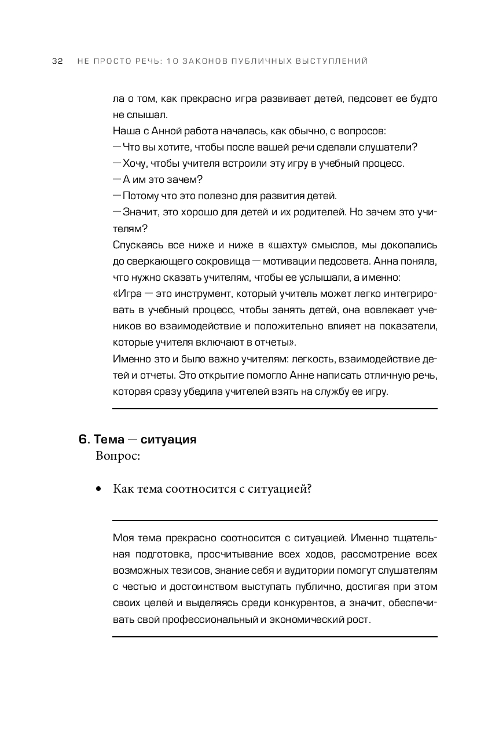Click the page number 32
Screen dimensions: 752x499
(57, 61)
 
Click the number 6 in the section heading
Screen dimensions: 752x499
(82, 439)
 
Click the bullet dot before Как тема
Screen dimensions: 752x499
(99, 490)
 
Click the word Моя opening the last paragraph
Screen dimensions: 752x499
(123, 538)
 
